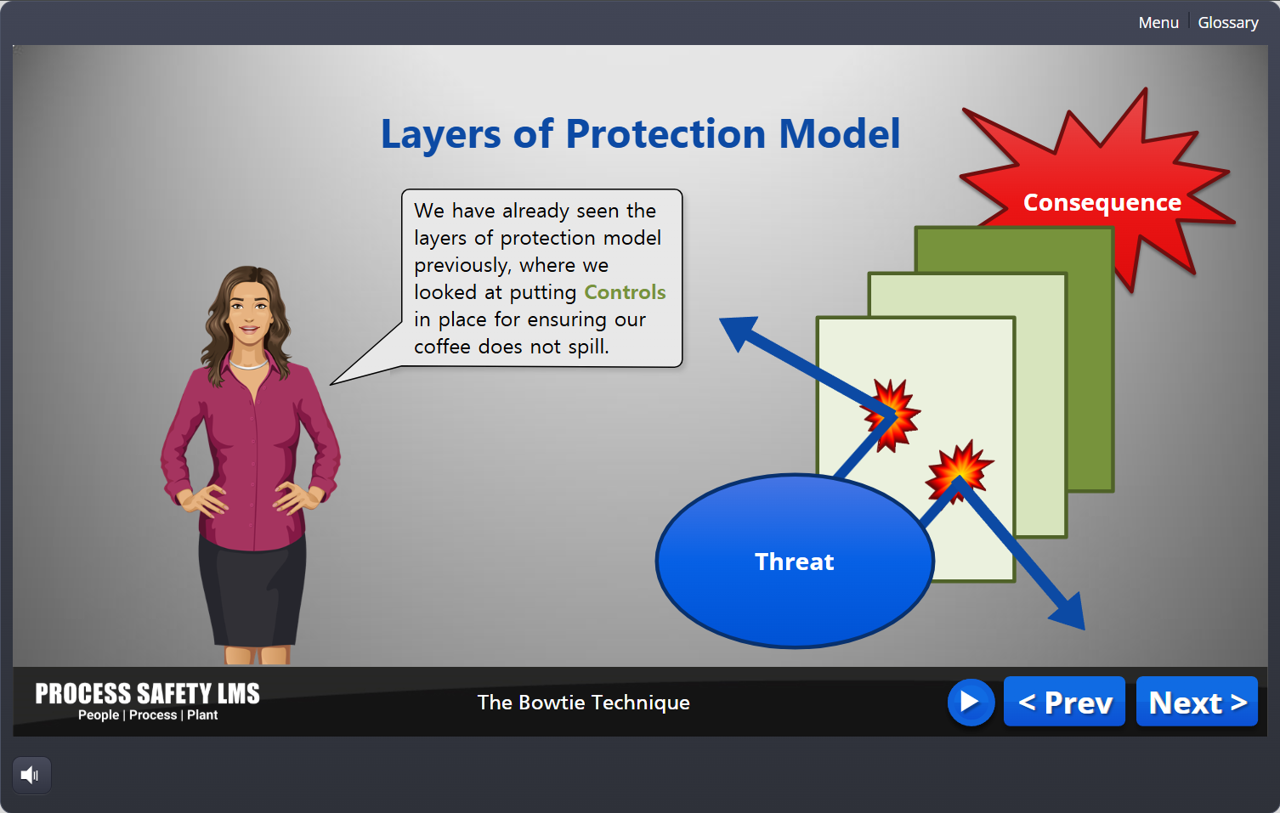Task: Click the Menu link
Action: [1158, 22]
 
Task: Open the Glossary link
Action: [1228, 22]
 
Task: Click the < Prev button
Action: [1064, 702]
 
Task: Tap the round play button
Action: [971, 702]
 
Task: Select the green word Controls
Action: [625, 292]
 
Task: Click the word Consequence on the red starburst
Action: [1102, 203]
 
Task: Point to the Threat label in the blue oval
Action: [795, 562]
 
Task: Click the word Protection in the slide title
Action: [665, 134]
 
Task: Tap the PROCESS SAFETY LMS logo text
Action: [147, 693]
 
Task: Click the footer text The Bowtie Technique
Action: [583, 703]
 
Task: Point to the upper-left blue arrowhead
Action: [739, 332]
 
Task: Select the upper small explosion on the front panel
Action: [891, 415]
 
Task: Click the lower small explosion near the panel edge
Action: [960, 471]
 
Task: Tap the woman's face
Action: [248, 314]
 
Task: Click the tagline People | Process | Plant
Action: [147, 715]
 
